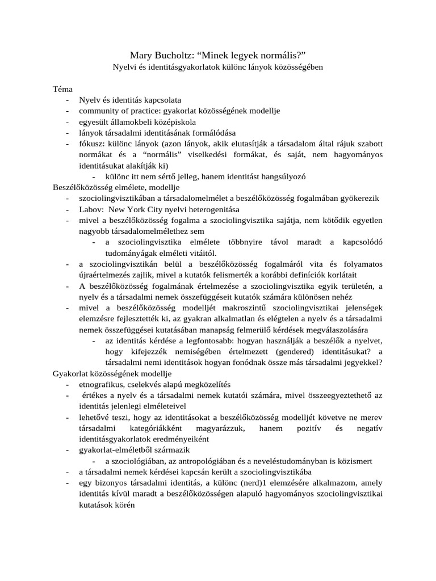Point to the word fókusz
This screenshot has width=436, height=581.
pos(91,144)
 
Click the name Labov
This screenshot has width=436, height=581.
pos(90,209)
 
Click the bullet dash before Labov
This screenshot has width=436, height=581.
pos(68,209)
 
